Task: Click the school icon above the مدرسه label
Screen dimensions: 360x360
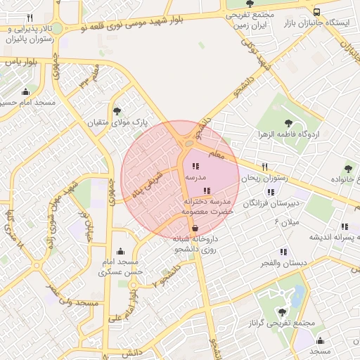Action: click(195, 167)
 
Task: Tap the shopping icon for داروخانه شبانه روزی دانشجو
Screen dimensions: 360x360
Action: click(195, 228)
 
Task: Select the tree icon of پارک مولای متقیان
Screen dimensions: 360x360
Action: click(117, 111)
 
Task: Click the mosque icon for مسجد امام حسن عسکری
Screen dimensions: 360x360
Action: click(120, 251)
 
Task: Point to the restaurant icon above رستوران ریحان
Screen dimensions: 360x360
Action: click(264, 167)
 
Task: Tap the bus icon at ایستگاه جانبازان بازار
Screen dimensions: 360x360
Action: click(317, 12)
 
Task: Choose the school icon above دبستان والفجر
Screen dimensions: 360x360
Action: click(283, 251)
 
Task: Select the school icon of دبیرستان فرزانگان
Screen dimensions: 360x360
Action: click(270, 191)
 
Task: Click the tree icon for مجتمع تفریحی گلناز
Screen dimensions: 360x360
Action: click(282, 312)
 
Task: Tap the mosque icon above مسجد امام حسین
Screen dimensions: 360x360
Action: click(26, 91)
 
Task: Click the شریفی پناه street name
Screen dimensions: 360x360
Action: click(148, 183)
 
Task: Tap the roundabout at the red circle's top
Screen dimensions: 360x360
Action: click(188, 143)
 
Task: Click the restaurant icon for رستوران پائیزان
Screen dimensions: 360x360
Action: click(30, 18)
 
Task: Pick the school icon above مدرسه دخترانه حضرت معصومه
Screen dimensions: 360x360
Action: click(206, 191)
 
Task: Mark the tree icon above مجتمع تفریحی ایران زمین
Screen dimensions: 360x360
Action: click(251, 3)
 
